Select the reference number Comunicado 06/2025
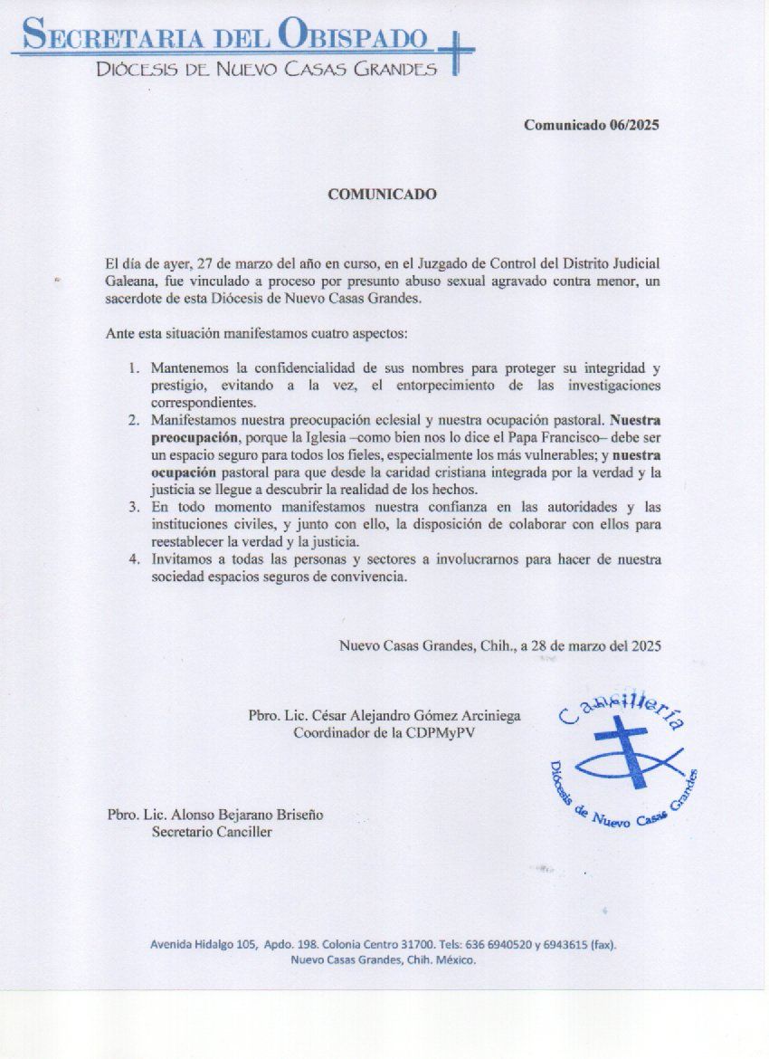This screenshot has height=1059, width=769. tap(593, 125)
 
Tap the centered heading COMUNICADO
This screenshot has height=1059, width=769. tap(382, 195)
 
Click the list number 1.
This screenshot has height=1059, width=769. tap(134, 369)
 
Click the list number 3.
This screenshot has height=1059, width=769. tap(134, 508)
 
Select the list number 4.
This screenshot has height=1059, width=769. tap(134, 559)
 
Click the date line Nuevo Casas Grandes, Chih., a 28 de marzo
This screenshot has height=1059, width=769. tap(500, 646)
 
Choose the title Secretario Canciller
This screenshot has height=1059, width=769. tap(211, 832)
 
